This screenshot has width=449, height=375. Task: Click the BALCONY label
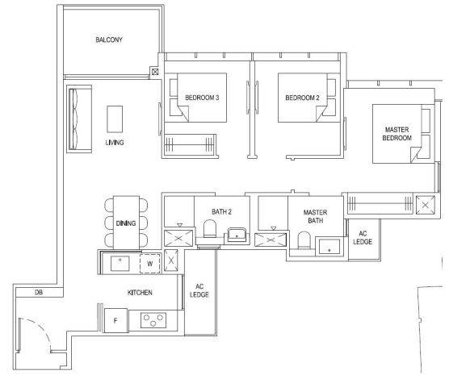click(109, 40)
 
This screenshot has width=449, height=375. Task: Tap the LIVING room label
click(115, 142)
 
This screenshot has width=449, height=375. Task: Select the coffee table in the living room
click(115, 119)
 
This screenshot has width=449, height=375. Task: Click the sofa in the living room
click(79, 119)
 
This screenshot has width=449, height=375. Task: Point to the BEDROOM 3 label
click(202, 98)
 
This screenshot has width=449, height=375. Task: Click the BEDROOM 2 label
click(302, 98)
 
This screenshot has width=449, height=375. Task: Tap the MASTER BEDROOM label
click(397, 134)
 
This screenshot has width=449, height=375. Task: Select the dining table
click(126, 223)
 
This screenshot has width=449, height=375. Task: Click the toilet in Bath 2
click(210, 228)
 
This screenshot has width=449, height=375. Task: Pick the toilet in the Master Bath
click(304, 240)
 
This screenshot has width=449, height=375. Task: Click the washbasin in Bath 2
click(237, 235)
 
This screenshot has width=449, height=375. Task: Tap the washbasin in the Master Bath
click(329, 246)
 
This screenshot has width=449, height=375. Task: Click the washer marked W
click(149, 264)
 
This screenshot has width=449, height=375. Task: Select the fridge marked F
click(116, 320)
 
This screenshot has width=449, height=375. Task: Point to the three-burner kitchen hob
click(153, 320)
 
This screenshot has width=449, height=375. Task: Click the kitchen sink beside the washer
click(120, 264)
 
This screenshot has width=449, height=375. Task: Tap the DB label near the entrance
click(39, 292)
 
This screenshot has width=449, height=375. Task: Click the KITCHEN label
click(140, 293)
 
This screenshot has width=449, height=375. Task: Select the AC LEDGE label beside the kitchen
click(199, 290)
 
